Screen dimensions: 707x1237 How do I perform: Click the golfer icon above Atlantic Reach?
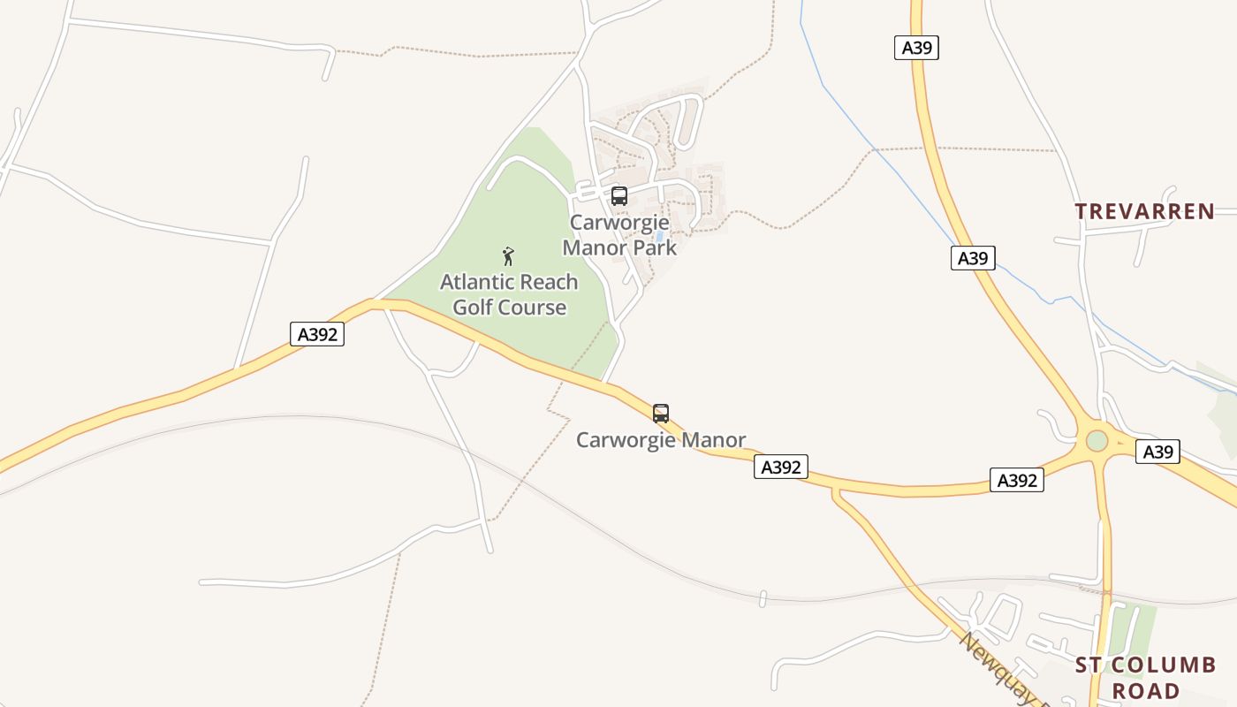click(508, 256)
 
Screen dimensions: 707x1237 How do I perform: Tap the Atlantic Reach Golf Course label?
click(509, 294)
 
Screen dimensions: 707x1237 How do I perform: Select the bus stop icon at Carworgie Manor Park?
click(618, 196)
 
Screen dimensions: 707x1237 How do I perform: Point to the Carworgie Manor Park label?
click(619, 235)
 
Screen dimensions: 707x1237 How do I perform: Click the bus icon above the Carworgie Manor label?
click(660, 413)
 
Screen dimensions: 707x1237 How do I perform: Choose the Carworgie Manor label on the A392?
click(661, 439)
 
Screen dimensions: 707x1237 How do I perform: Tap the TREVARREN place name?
click(1144, 211)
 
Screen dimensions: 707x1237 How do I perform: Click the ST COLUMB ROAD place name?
click(1145, 678)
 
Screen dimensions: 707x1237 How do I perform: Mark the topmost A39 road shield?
click(916, 48)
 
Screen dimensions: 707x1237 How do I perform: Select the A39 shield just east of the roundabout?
click(1157, 452)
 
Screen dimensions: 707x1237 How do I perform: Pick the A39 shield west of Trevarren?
click(973, 258)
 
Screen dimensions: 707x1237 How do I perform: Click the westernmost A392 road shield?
click(317, 334)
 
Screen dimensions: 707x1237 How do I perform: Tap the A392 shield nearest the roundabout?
click(1016, 480)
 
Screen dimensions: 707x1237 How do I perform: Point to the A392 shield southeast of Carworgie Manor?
click(781, 467)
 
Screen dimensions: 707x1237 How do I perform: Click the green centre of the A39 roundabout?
click(1097, 440)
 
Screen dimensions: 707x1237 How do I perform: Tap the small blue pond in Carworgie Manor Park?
click(660, 237)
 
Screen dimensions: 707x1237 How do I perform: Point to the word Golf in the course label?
click(478, 308)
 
